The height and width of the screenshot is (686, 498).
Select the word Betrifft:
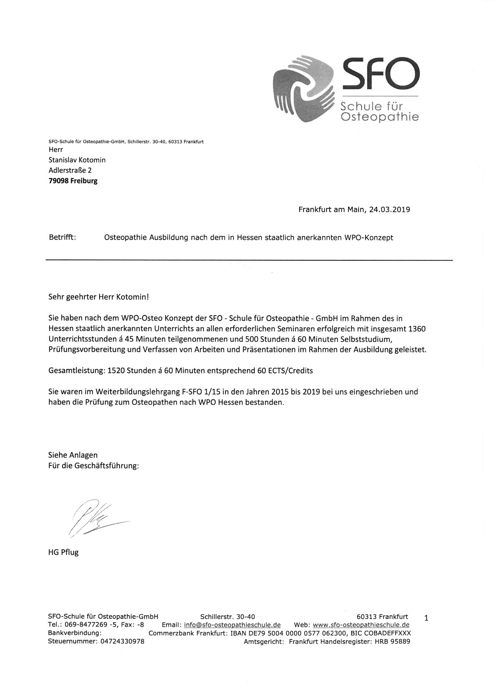point(62,237)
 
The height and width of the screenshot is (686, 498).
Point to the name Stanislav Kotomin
point(77,160)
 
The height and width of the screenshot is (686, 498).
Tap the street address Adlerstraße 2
point(70,170)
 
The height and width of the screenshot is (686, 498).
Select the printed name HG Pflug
point(63,552)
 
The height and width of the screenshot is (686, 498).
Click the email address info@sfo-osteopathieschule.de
point(232,625)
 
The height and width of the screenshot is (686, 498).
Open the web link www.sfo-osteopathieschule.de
point(361,625)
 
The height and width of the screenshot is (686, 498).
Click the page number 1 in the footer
point(426,618)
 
